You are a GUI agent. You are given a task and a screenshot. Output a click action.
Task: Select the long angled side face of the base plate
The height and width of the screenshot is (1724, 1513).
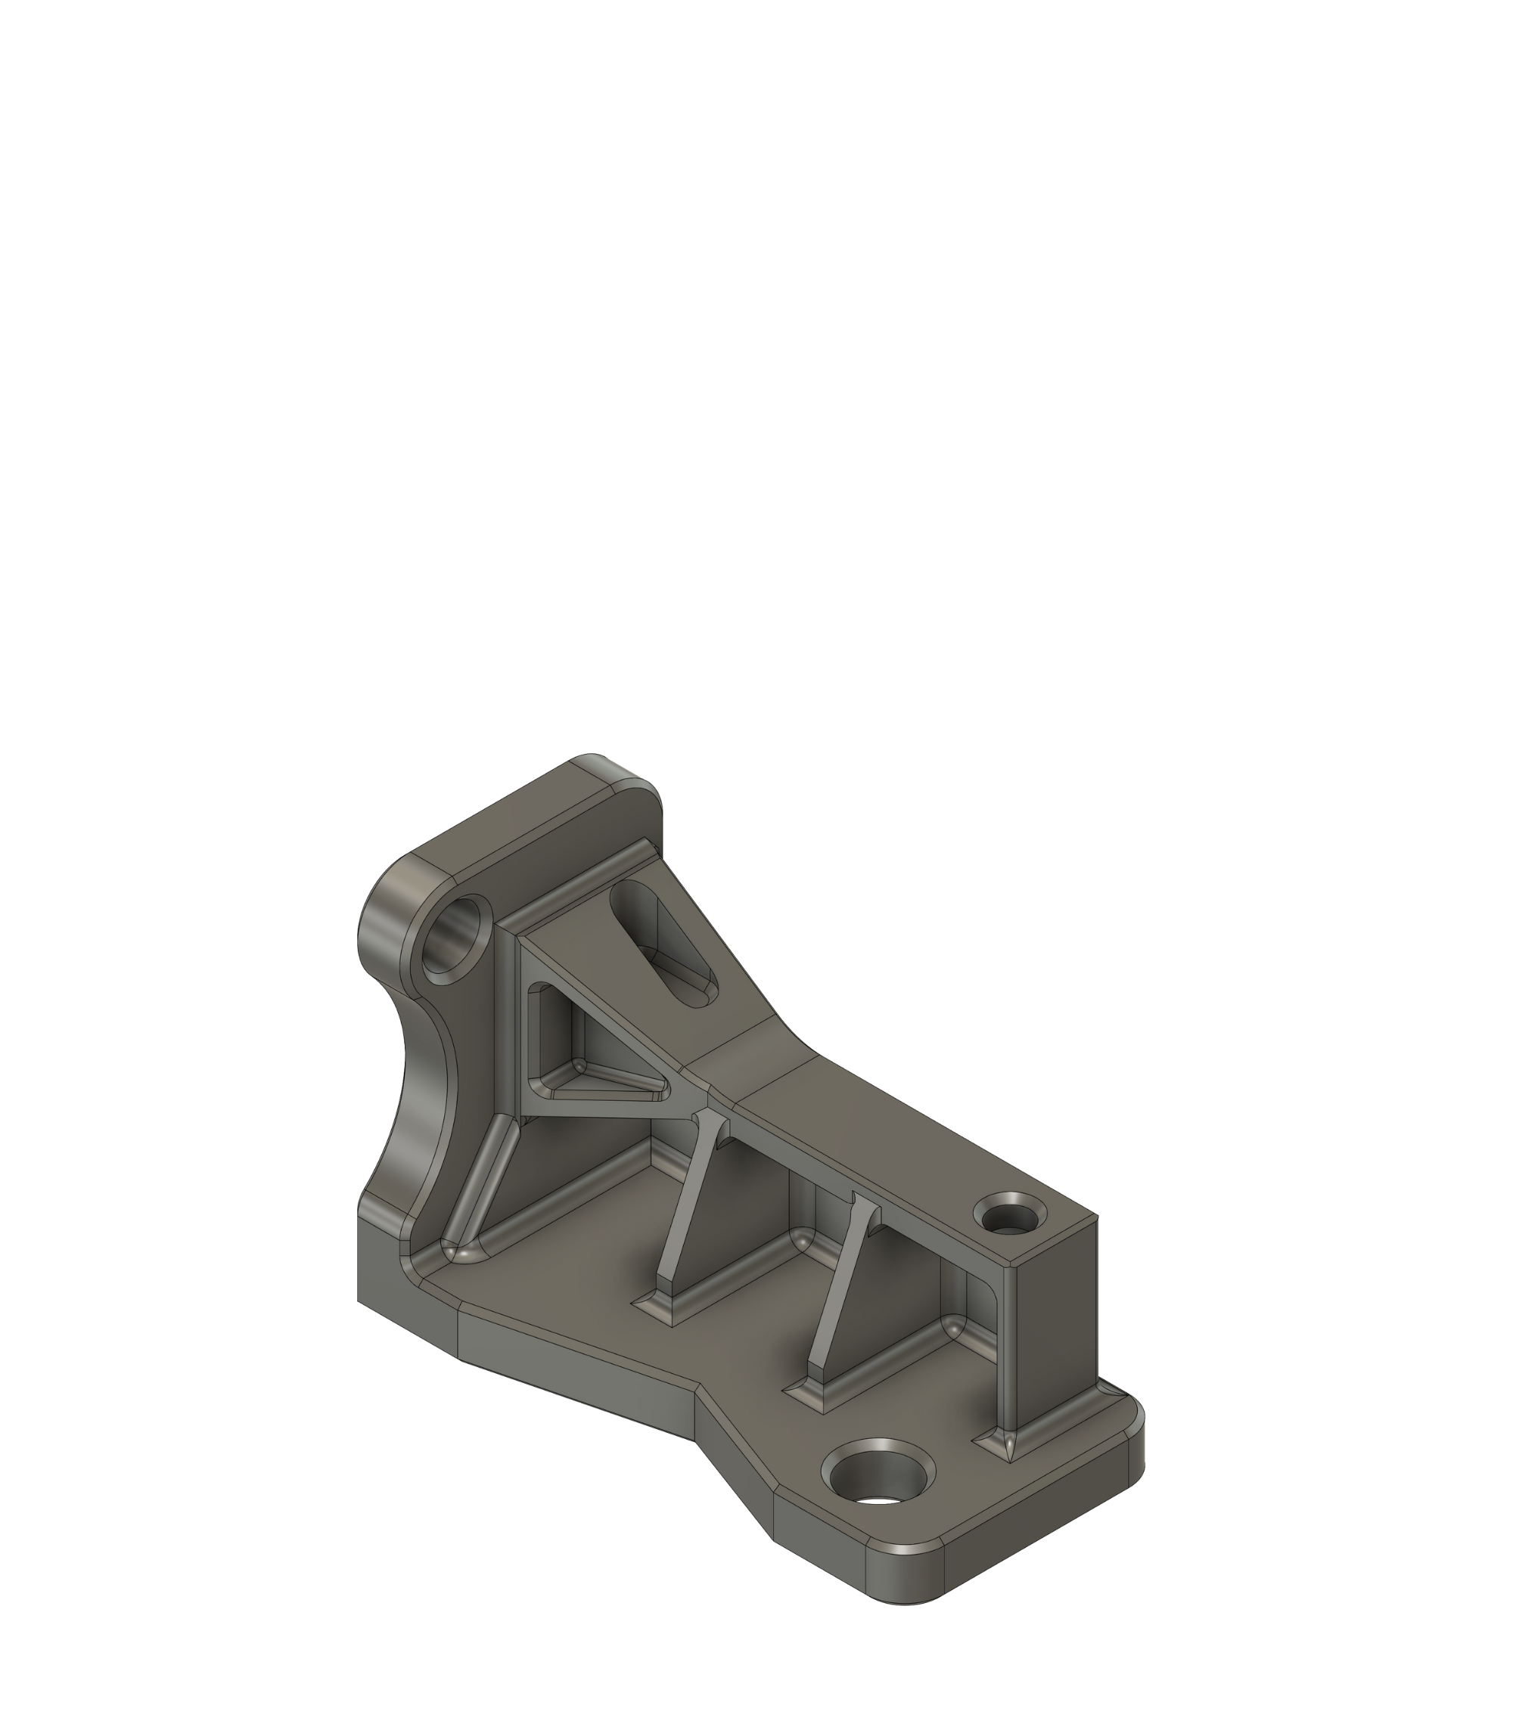[574, 1383]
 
